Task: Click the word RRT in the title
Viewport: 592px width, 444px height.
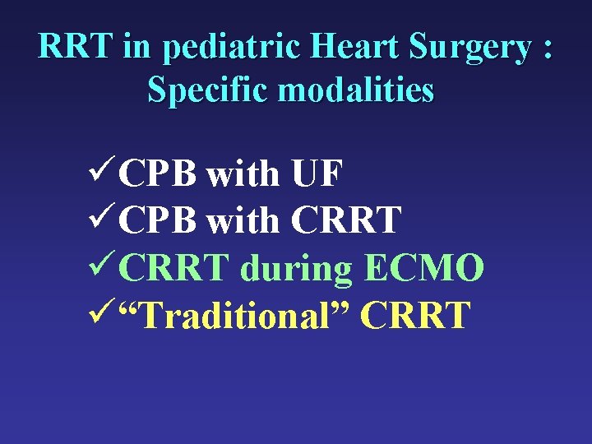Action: [76, 48]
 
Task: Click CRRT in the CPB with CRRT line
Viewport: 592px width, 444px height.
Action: [346, 221]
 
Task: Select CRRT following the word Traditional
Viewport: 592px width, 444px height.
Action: [415, 315]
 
